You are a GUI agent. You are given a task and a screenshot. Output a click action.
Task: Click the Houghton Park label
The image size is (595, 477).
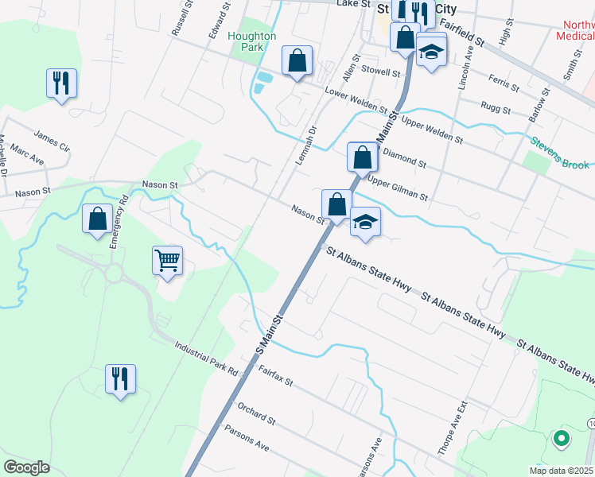(251, 41)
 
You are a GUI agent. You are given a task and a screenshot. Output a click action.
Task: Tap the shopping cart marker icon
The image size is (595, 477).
(168, 260)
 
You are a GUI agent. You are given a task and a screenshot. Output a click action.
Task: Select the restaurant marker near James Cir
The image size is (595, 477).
(61, 83)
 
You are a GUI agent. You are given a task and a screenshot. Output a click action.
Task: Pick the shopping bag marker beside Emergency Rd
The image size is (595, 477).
(97, 219)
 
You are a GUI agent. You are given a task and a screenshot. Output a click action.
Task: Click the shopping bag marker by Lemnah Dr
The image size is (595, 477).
(297, 60)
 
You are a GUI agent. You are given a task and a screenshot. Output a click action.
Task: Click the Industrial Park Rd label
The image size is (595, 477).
(205, 359)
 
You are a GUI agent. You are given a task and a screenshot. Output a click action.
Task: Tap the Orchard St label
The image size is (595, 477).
(256, 413)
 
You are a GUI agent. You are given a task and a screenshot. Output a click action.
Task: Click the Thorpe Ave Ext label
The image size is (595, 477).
(449, 430)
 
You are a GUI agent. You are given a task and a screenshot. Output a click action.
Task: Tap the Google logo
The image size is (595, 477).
(26, 467)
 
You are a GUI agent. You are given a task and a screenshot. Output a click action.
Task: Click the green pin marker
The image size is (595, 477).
(561, 438)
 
